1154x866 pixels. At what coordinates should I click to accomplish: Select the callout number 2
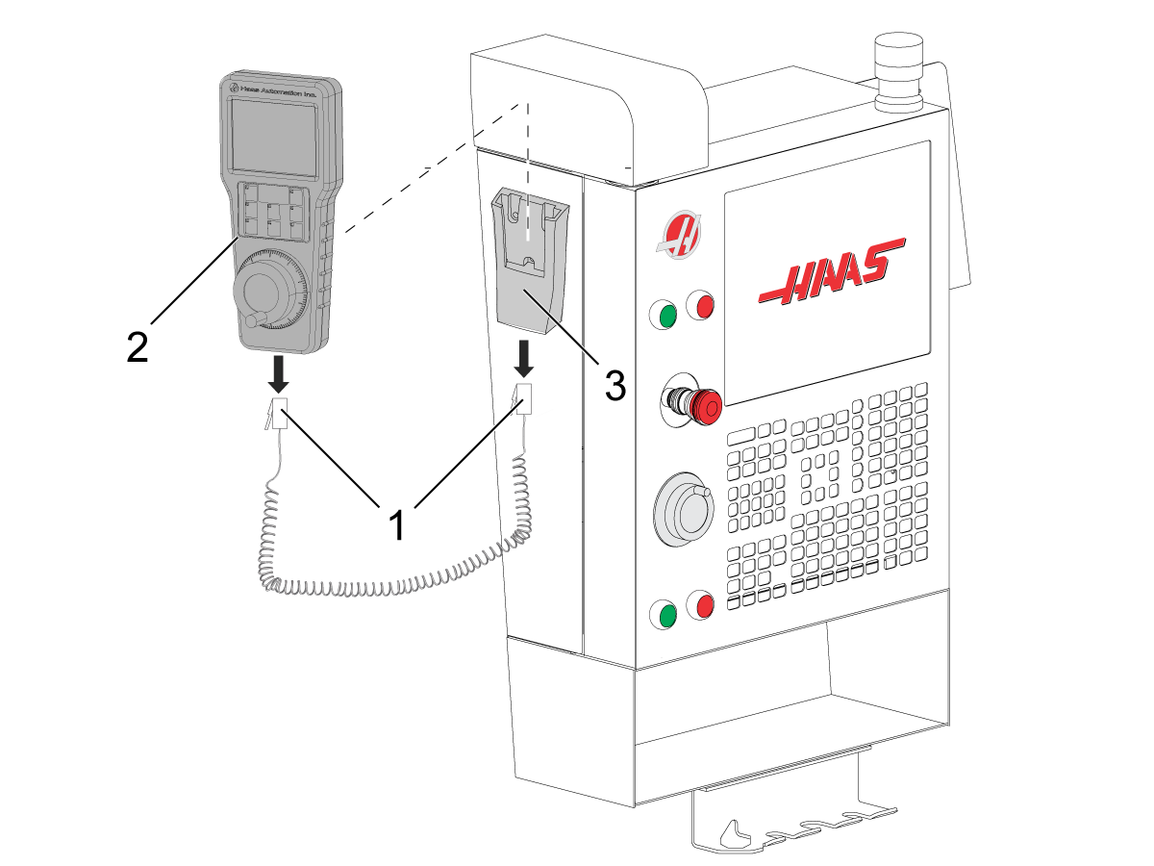click(138, 346)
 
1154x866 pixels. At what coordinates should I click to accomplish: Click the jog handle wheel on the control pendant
click(684, 511)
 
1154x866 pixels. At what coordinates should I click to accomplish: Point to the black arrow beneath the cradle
click(524, 360)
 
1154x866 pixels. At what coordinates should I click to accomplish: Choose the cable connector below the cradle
click(524, 398)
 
